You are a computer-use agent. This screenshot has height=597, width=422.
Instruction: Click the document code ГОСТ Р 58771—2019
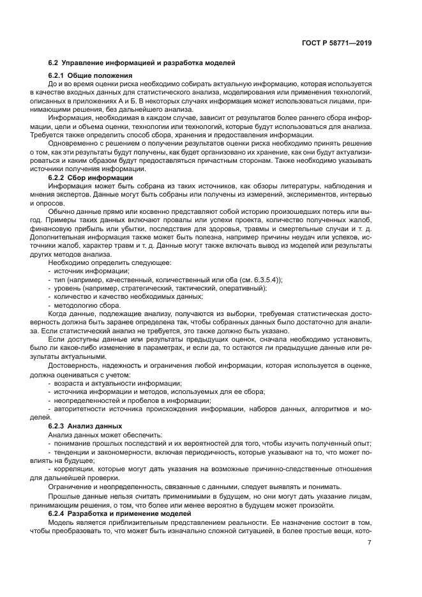[x=336, y=43]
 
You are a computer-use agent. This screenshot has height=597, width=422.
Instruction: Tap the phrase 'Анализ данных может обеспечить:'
[x=97, y=434]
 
